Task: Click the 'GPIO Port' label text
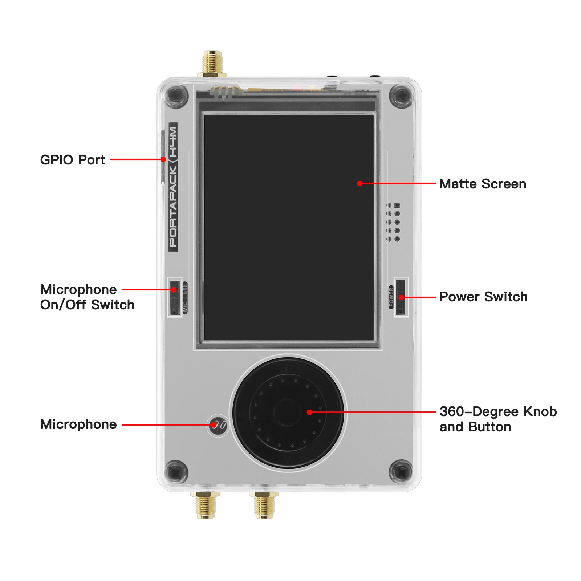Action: point(72,160)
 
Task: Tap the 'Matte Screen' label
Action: point(482,184)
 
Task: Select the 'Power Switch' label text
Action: point(483,297)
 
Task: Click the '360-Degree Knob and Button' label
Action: point(497,419)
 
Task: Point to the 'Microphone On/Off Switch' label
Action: point(87,297)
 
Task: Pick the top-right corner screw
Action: point(401,96)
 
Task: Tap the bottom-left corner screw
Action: point(176,472)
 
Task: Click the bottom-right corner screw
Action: point(401,472)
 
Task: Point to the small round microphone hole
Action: point(218,424)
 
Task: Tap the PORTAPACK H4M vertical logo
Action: point(173,187)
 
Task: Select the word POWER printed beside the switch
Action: point(391,297)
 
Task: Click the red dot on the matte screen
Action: point(359,183)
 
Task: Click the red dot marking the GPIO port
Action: point(163,159)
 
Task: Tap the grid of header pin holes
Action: point(393,222)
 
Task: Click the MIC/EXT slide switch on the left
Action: point(175,297)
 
